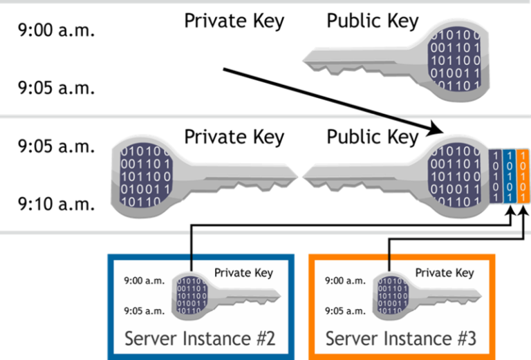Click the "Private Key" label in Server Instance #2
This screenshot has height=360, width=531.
[x=243, y=272]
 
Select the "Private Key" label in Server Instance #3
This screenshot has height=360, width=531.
[x=445, y=272]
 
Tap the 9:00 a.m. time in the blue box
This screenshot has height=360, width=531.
[x=144, y=281]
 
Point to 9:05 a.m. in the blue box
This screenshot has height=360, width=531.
[x=144, y=310]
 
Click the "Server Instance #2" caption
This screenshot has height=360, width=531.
[x=200, y=339]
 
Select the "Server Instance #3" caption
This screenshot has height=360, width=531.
[x=401, y=339]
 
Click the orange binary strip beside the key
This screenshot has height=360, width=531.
[x=523, y=176]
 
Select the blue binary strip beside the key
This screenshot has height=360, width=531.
[x=510, y=176]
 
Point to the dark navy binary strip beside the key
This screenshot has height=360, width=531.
[x=496, y=176]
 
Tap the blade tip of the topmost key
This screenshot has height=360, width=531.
[x=308, y=55]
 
